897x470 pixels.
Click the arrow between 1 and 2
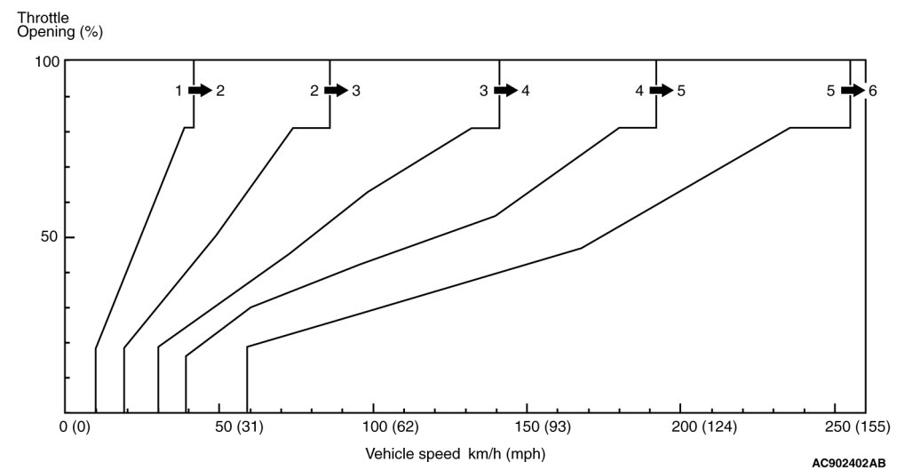pos(200,90)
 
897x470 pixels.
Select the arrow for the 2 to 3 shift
pos(336,90)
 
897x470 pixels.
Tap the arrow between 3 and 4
pos(505,90)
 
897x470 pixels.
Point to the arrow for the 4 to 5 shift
pos(661,90)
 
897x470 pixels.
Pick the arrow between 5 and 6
pos(853,90)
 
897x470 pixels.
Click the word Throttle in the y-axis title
pos(42,17)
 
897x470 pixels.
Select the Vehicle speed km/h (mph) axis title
pos(450,453)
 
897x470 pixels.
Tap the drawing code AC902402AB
pos(847,463)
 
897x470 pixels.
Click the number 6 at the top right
pos(873,90)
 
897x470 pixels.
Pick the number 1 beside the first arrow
pos(179,90)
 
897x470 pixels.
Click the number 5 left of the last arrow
pos(830,90)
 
